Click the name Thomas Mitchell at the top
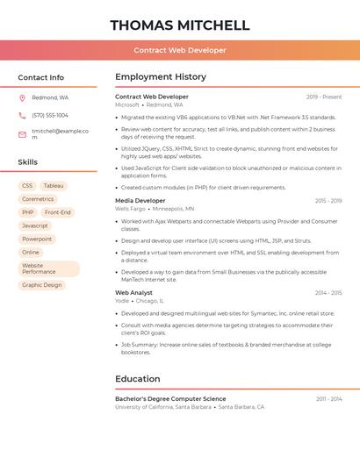(x=180, y=25)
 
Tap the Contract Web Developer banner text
(x=180, y=50)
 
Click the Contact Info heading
(x=40, y=77)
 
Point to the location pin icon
(x=22, y=98)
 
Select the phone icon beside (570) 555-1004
(x=22, y=116)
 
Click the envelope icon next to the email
(x=22, y=134)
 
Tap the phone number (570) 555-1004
(x=50, y=116)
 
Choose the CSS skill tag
(x=27, y=186)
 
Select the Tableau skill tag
(x=54, y=186)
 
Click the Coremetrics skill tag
(x=38, y=199)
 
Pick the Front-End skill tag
(x=58, y=212)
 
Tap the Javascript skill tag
(x=35, y=225)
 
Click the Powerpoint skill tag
(x=37, y=239)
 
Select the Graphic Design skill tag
(x=42, y=285)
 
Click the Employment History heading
(x=161, y=77)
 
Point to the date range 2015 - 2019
(x=328, y=201)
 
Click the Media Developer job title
(x=140, y=201)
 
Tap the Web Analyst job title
(x=133, y=293)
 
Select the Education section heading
(x=138, y=379)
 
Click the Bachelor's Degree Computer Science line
(x=170, y=399)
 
